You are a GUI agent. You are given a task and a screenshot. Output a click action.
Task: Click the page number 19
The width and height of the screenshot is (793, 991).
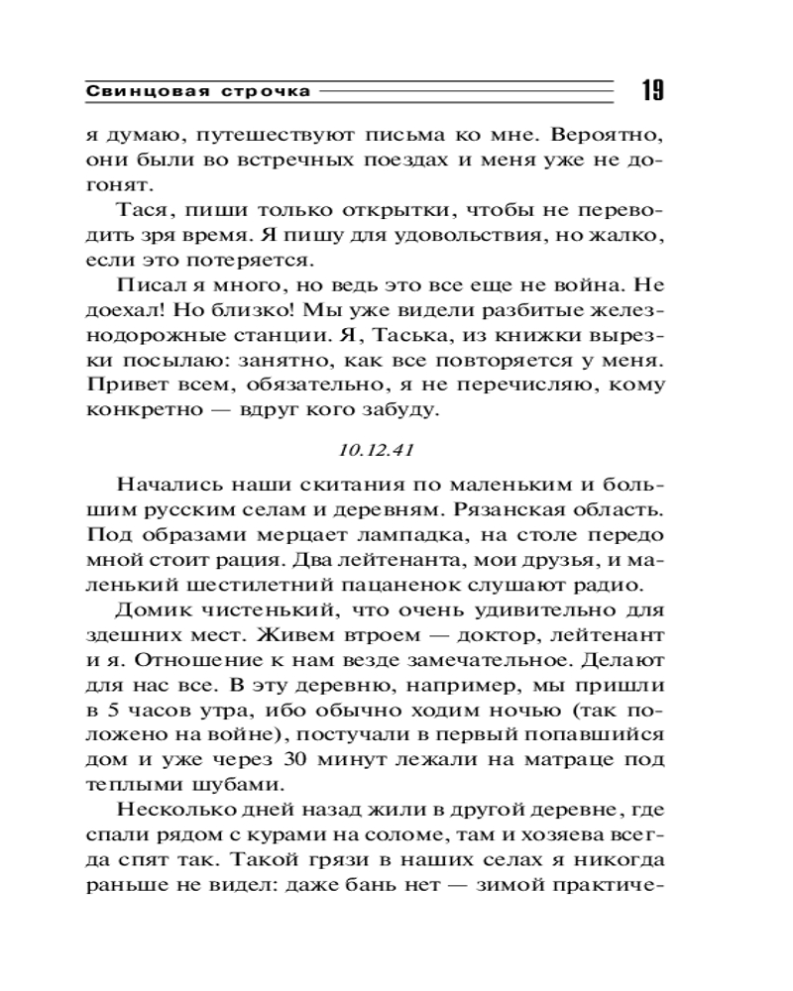click(x=651, y=91)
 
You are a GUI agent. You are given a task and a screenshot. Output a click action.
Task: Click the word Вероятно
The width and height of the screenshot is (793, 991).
click(x=609, y=134)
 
